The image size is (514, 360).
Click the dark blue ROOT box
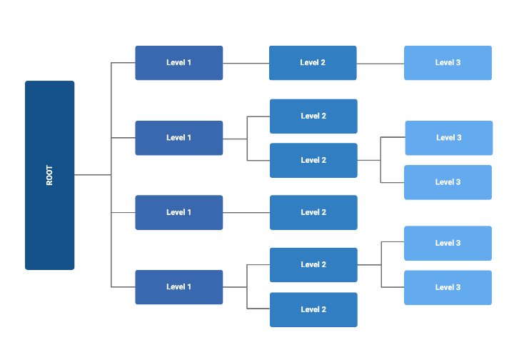click(49, 175)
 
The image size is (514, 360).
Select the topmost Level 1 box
click(178, 63)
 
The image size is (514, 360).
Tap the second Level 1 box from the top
click(178, 138)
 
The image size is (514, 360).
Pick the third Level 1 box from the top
click(178, 212)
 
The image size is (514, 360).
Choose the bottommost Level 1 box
click(178, 287)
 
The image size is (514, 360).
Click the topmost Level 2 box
click(313, 63)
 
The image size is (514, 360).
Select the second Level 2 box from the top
click(313, 116)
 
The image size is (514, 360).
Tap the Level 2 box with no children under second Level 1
click(313, 116)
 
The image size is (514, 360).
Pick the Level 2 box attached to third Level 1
click(313, 212)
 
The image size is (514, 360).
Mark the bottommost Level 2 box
click(313, 309)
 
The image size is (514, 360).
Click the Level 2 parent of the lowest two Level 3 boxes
click(313, 265)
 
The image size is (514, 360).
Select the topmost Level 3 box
click(448, 63)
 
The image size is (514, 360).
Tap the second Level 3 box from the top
click(448, 138)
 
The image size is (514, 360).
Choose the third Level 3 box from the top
click(448, 182)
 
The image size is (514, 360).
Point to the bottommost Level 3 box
click(448, 287)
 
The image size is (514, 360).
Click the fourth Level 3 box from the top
click(448, 243)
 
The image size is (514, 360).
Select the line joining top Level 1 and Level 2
click(246, 63)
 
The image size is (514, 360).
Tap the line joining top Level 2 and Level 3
click(380, 64)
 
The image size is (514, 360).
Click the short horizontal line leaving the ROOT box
click(92, 175)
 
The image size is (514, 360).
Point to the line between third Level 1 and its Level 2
click(246, 212)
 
